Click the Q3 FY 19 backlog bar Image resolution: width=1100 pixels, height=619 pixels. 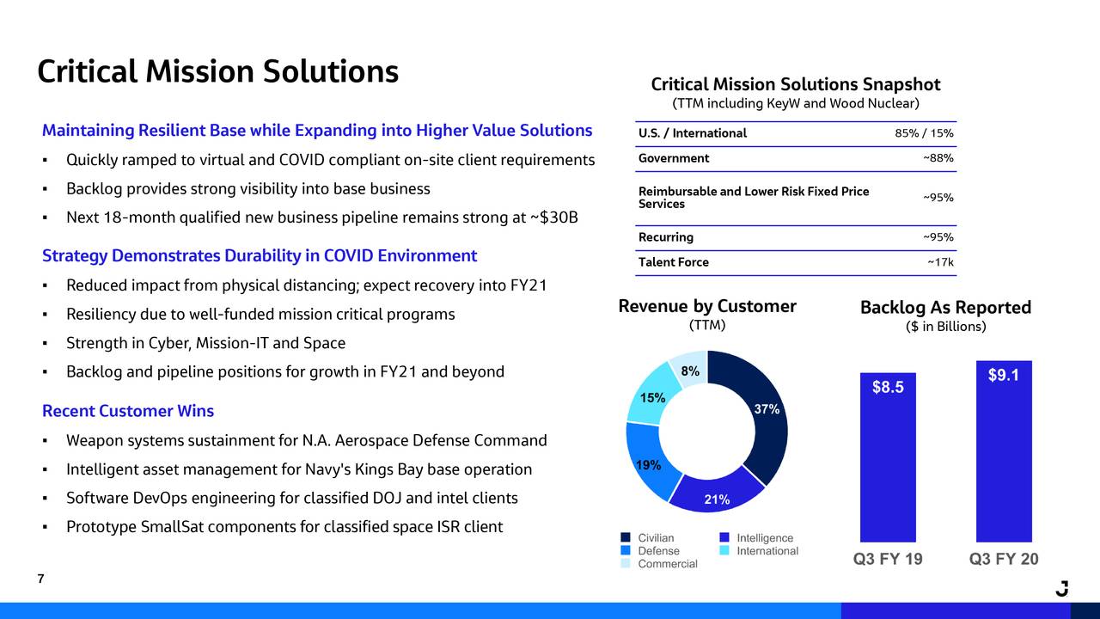tap(888, 464)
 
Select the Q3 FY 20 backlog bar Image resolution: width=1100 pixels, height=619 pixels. tap(1004, 456)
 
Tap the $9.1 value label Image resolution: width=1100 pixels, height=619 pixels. tap(1004, 375)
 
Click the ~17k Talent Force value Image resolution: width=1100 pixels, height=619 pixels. tap(940, 262)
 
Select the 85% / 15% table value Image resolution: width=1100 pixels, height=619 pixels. tap(924, 133)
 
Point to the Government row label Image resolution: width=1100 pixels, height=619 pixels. tap(674, 158)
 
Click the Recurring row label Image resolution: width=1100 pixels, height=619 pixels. tap(666, 237)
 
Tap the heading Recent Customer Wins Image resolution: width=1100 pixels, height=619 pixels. tap(128, 411)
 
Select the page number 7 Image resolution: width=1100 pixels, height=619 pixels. tap(40, 579)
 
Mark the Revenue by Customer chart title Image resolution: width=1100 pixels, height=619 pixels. tap(707, 307)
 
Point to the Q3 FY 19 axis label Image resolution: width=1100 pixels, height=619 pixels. tap(888, 560)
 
